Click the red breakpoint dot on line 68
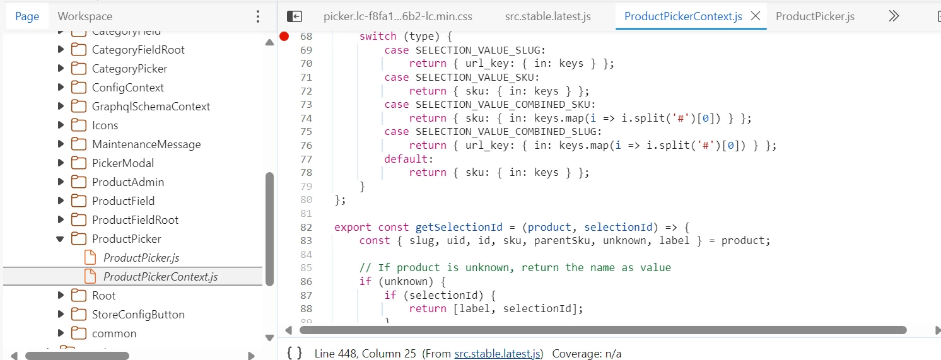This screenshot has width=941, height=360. [284, 37]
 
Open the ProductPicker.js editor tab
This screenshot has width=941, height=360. [815, 16]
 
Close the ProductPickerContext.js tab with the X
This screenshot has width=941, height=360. [756, 16]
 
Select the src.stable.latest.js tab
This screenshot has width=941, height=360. [548, 16]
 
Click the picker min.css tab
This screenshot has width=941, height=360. [398, 16]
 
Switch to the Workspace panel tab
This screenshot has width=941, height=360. [85, 16]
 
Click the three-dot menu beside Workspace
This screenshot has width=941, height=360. [258, 16]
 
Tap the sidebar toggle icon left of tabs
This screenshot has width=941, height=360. [295, 16]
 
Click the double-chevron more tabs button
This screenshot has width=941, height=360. [894, 16]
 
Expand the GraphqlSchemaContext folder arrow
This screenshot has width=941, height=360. [61, 107]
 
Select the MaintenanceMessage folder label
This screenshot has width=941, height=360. [146, 144]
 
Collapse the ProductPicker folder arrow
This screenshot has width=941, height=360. [60, 239]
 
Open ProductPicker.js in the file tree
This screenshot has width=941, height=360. [141, 257]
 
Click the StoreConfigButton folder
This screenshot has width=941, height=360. [138, 314]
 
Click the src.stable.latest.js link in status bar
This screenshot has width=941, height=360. [498, 354]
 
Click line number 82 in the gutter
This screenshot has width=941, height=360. [307, 227]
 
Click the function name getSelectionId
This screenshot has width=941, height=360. [459, 227]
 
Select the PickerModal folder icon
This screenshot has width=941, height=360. [79, 163]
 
